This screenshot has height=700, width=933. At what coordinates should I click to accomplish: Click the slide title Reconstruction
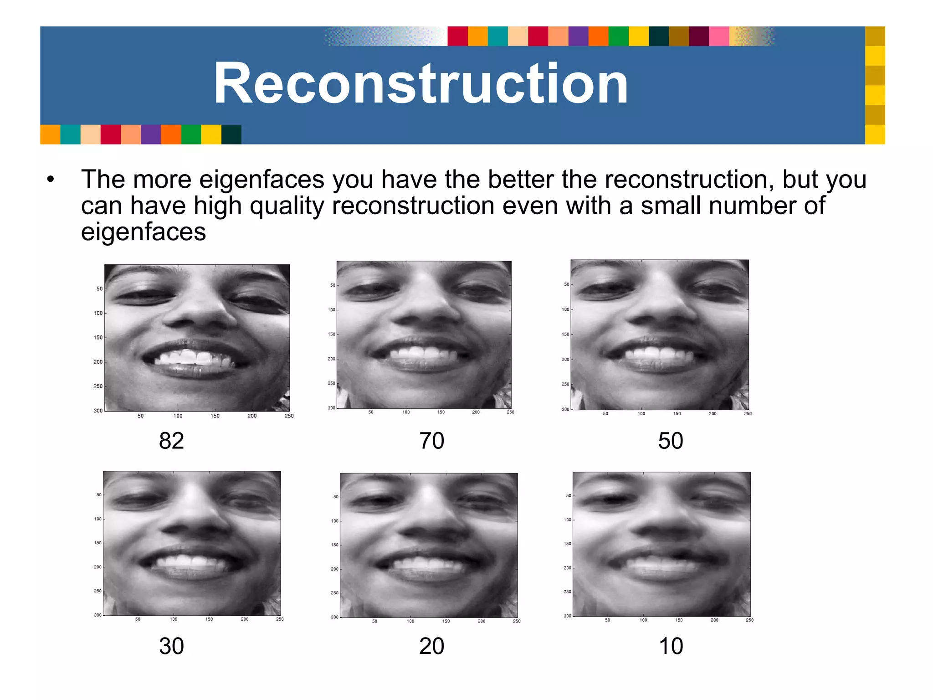click(420, 84)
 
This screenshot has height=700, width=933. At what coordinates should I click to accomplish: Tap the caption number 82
click(171, 441)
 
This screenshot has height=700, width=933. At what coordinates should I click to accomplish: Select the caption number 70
click(431, 441)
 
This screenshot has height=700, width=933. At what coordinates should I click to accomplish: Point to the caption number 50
click(670, 441)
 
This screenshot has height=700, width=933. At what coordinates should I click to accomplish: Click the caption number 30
click(171, 646)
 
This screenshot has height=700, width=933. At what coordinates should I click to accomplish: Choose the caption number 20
click(431, 646)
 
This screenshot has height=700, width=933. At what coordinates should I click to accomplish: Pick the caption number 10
click(671, 646)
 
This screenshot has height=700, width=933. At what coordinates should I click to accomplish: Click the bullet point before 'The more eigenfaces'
click(50, 180)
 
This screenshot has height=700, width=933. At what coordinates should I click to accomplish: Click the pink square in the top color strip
click(719, 36)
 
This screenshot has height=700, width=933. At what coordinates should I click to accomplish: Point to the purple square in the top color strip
click(578, 36)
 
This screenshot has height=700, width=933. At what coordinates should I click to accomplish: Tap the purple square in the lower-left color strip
click(151, 134)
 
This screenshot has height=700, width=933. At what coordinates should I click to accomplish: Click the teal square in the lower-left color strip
click(70, 134)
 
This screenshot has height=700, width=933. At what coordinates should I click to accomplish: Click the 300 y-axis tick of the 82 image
click(98, 411)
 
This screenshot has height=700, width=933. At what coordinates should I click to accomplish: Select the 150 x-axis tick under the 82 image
click(215, 416)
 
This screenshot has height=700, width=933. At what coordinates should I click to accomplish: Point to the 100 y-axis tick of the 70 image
click(331, 310)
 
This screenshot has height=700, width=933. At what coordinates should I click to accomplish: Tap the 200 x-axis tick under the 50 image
click(713, 414)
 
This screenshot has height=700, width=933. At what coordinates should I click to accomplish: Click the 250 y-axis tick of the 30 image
click(97, 591)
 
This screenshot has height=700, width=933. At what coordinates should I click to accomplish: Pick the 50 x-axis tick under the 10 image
click(607, 620)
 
